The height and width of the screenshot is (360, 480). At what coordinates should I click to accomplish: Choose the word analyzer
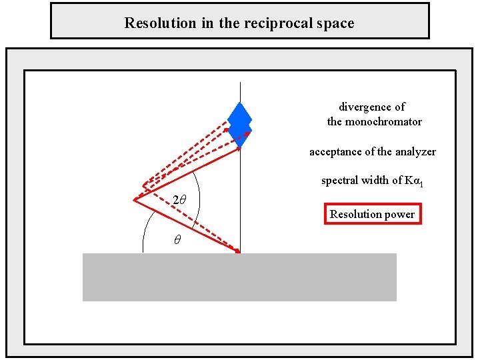coord(413,152)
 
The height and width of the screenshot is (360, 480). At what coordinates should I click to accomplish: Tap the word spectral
coord(341,180)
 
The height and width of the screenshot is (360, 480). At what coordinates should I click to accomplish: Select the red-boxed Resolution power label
coord(373,214)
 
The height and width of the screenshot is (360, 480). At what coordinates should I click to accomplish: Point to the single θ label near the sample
coord(177,241)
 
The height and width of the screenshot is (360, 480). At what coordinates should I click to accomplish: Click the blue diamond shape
coord(239,123)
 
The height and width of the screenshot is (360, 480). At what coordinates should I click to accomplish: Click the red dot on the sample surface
coord(238,252)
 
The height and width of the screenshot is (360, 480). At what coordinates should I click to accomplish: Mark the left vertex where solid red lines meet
coord(135,199)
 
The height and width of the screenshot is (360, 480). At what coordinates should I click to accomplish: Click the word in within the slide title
coord(203,23)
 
